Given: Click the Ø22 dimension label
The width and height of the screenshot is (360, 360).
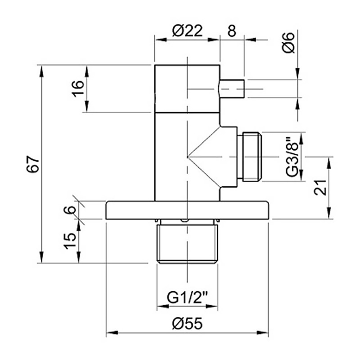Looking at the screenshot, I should [x=187, y=31].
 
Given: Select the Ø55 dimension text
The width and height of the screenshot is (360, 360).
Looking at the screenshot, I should [x=187, y=324].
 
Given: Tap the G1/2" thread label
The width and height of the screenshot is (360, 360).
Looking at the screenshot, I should [x=188, y=298].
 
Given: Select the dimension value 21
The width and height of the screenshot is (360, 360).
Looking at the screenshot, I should [x=321, y=187].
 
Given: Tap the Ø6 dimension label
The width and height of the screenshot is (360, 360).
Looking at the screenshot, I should [x=289, y=42].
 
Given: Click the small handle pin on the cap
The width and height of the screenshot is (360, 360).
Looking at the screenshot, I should [x=232, y=89].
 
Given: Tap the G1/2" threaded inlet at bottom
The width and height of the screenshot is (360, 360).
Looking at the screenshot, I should [x=188, y=243].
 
